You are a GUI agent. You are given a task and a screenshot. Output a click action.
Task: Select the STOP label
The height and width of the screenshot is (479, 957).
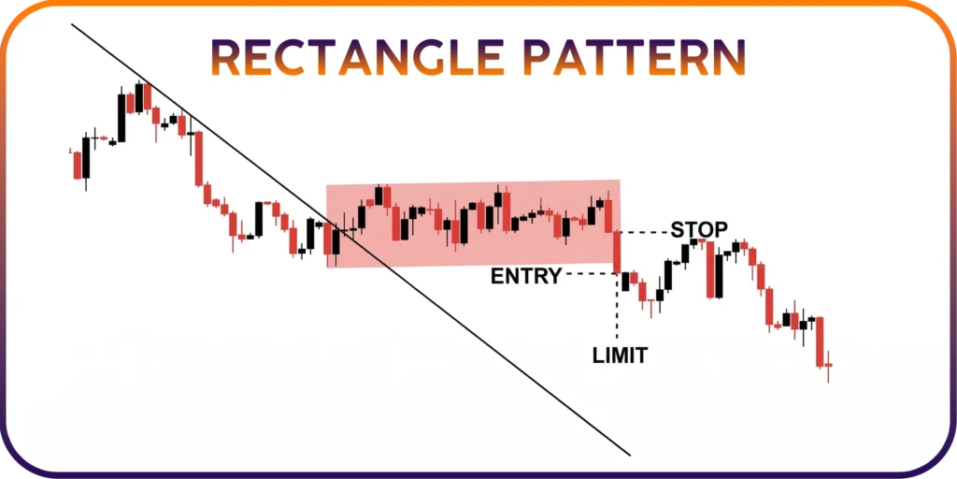(x=699, y=230)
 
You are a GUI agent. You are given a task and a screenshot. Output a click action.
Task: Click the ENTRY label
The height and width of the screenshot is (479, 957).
(x=526, y=276)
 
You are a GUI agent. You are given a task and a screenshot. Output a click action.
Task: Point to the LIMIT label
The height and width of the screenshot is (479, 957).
(x=621, y=355)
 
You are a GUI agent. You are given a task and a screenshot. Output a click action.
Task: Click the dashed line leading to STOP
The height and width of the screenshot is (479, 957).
(x=645, y=232)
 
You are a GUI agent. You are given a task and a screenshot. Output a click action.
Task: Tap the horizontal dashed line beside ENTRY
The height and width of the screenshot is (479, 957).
(x=591, y=274)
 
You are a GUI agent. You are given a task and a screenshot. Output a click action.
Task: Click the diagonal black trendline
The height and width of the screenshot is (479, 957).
(x=350, y=239)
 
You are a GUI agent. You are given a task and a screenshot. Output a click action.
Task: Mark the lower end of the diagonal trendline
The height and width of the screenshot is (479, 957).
(x=630, y=456)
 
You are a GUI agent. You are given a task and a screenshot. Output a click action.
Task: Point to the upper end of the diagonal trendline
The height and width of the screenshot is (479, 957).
(x=71, y=23)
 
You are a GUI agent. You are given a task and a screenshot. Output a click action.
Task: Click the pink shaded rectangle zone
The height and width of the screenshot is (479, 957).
(x=474, y=224)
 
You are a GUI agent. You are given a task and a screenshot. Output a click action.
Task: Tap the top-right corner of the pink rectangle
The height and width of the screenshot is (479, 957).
(x=621, y=180)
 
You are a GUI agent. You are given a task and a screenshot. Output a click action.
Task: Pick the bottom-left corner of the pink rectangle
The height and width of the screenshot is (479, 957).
(x=327, y=269)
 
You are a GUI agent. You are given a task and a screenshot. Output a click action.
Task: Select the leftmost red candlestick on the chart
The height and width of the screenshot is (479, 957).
(x=77, y=165)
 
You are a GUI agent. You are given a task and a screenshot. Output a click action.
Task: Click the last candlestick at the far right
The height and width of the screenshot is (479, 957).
(x=828, y=366)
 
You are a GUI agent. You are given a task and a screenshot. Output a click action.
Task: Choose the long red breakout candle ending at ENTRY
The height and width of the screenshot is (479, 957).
(x=617, y=252)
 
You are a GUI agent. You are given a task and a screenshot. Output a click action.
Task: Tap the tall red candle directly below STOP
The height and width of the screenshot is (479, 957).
(x=710, y=269)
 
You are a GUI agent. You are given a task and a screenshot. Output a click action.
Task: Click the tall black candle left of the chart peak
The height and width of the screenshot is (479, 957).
(x=121, y=117)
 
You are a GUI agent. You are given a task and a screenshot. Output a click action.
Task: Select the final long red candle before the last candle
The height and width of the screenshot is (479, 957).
(x=820, y=341)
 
